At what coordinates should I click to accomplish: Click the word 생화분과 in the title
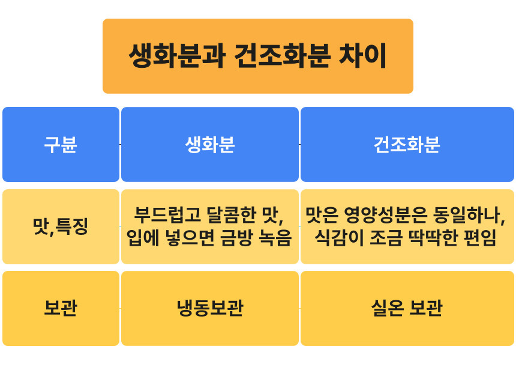(177, 56)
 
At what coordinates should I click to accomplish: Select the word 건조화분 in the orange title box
(283, 56)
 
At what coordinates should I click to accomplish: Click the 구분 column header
(61, 144)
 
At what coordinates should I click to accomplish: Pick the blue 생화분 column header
(210, 144)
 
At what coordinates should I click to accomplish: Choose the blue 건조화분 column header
(407, 144)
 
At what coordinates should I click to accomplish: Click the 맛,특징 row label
(61, 226)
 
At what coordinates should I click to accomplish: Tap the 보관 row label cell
(61, 308)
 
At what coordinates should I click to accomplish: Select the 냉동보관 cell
(210, 308)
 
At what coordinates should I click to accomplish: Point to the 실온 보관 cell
(407, 308)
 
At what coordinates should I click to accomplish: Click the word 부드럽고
(167, 214)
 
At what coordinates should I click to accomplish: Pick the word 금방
(237, 238)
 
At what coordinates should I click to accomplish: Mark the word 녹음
(275, 238)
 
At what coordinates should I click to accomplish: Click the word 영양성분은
(385, 214)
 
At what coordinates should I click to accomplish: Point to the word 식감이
(339, 238)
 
